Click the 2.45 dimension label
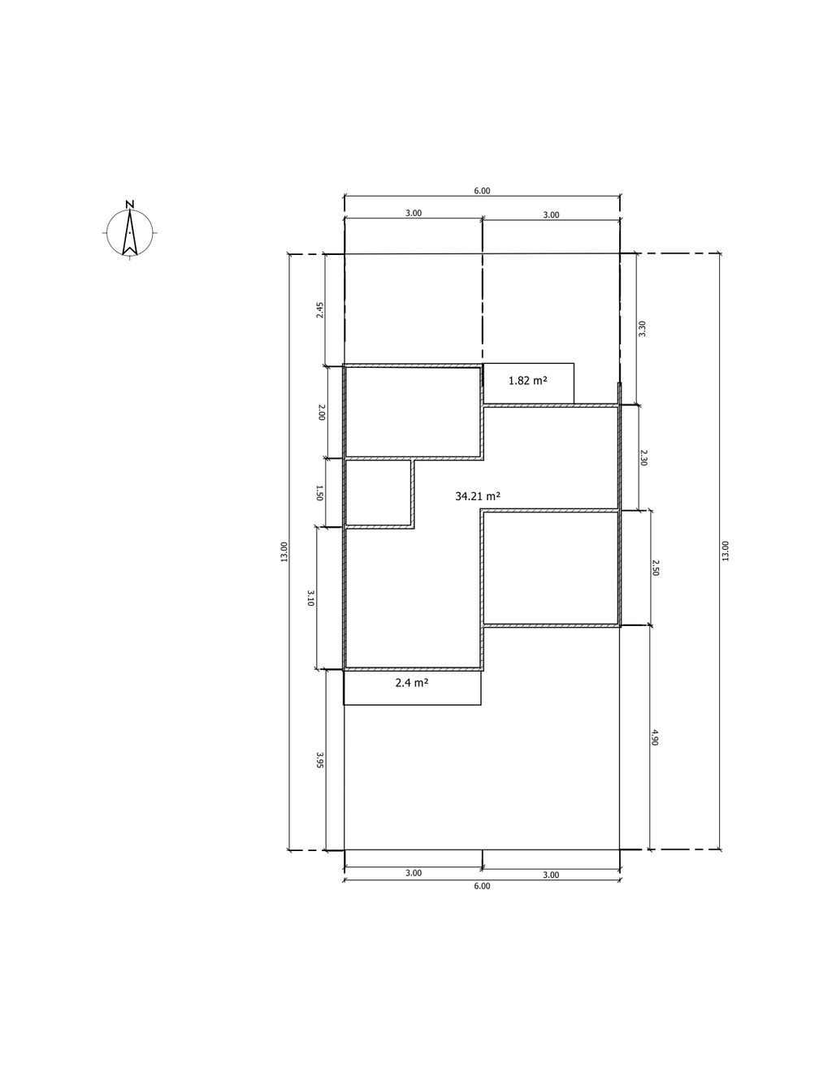click(x=320, y=310)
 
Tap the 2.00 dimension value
click(x=322, y=413)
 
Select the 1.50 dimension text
click(x=319, y=493)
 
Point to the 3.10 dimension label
click(x=310, y=598)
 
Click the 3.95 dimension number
click(x=320, y=760)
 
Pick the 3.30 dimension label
click(x=643, y=329)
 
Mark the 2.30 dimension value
click(x=643, y=457)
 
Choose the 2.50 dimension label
click(x=656, y=568)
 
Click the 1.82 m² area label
click(x=528, y=381)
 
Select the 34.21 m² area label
click(x=478, y=495)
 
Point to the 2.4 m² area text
click(x=412, y=683)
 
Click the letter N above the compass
click(x=130, y=204)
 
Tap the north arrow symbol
click(x=130, y=232)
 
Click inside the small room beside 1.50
click(x=378, y=492)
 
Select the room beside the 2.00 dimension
click(x=413, y=412)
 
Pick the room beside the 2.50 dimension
click(x=551, y=568)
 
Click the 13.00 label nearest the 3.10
click(x=284, y=551)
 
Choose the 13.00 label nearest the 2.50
click(x=725, y=551)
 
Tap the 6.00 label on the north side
click(x=482, y=191)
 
